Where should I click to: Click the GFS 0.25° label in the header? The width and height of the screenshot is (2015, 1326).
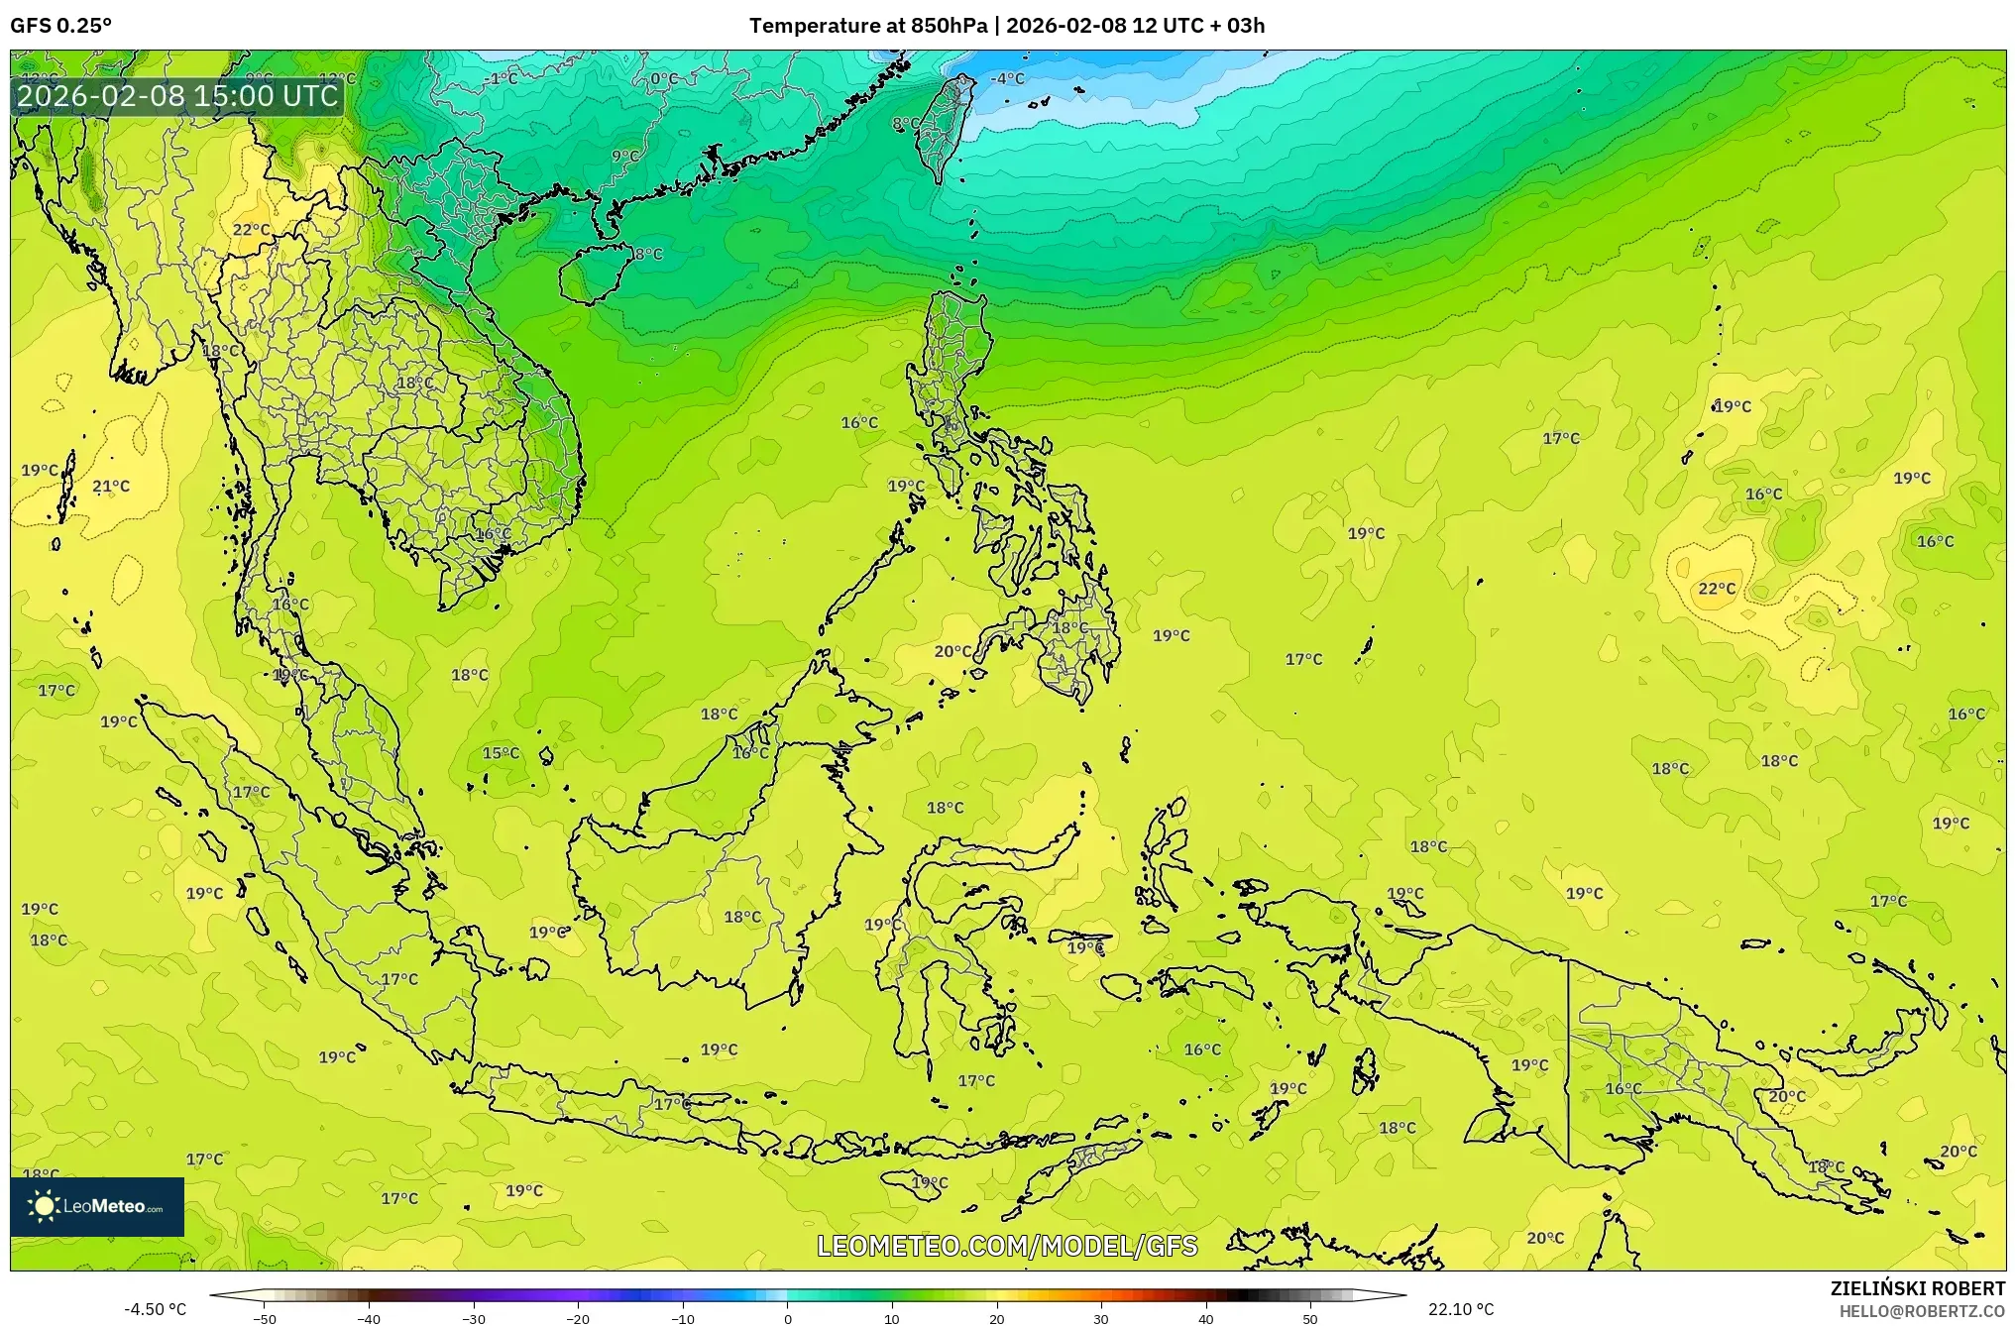(60, 26)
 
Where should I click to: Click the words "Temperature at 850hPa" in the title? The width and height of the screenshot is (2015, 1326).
(867, 26)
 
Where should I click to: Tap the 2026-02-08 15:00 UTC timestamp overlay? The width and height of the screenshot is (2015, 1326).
(178, 96)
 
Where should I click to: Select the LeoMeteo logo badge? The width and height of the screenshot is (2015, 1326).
(97, 1206)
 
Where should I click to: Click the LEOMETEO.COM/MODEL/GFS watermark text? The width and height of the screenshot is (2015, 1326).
(1007, 1246)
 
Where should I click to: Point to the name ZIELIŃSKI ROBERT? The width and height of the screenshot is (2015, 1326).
(1917, 1288)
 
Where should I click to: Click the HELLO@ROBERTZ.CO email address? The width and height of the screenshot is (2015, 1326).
(1922, 1311)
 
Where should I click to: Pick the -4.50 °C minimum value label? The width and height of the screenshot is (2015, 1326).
(155, 1309)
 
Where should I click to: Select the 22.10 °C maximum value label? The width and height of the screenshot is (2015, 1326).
(1461, 1309)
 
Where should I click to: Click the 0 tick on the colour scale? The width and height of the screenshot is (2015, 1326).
(788, 1318)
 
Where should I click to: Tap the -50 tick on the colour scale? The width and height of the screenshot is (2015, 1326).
(265, 1318)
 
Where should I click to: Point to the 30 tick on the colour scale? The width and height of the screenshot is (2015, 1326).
(1101, 1318)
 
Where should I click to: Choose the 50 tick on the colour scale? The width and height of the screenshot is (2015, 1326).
(1310, 1318)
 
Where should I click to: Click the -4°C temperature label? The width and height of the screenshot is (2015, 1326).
(1009, 78)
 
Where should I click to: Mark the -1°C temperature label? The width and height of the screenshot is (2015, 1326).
(502, 78)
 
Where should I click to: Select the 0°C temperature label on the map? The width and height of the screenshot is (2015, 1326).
(664, 79)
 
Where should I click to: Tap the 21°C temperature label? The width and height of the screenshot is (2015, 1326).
(111, 486)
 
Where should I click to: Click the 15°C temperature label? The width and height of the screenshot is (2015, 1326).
(501, 753)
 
